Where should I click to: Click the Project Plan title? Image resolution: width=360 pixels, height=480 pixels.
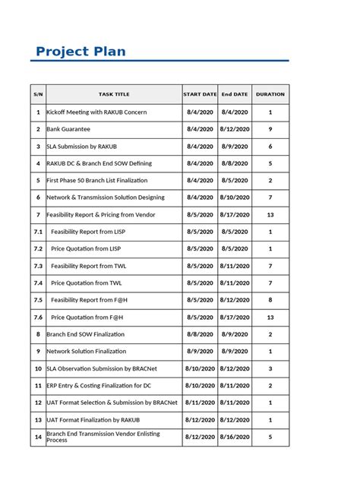pyautogui.click(x=81, y=52)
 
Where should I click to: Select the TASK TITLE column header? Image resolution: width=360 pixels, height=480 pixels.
pyautogui.click(x=113, y=94)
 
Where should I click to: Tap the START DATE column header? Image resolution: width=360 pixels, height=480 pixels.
pyautogui.click(x=200, y=94)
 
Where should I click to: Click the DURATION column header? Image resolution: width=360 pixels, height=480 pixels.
pyautogui.click(x=270, y=94)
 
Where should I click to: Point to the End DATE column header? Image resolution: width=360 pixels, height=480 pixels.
pyautogui.click(x=235, y=94)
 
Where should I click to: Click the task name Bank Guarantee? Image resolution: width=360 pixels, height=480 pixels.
pyautogui.click(x=69, y=129)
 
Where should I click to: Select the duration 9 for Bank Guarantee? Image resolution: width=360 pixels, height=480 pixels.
pyautogui.click(x=270, y=129)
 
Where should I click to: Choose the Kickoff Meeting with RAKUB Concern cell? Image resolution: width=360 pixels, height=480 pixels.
pyautogui.click(x=96, y=112)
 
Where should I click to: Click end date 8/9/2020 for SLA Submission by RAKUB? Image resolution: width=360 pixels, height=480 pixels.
pyautogui.click(x=235, y=146)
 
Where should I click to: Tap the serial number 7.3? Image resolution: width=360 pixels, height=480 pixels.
pyautogui.click(x=38, y=266)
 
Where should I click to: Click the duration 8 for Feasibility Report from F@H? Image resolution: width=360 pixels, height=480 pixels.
pyautogui.click(x=270, y=300)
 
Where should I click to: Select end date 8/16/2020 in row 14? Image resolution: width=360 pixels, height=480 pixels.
pyautogui.click(x=235, y=437)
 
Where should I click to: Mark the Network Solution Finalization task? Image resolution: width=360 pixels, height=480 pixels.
pyautogui.click(x=87, y=352)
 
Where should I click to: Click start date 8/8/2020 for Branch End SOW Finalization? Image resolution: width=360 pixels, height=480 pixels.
pyautogui.click(x=200, y=334)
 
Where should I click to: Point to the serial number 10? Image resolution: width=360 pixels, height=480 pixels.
pyautogui.click(x=38, y=368)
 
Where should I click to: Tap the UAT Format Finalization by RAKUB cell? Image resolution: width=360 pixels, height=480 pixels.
pyautogui.click(x=93, y=419)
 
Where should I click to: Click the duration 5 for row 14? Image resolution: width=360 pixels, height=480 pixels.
pyautogui.click(x=270, y=437)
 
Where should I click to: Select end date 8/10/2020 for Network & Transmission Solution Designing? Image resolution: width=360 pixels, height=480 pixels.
pyautogui.click(x=235, y=197)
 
